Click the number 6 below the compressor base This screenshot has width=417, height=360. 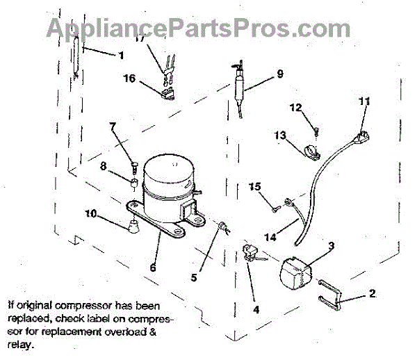(x=152, y=266)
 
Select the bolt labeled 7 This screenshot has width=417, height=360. (x=133, y=165)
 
